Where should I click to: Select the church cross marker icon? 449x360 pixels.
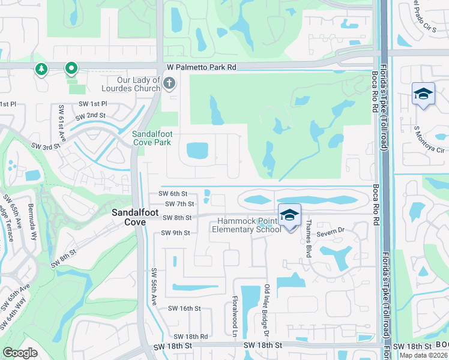click(x=169, y=83)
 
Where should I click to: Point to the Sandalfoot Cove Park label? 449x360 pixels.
click(x=151, y=138)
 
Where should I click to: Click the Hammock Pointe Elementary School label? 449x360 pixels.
click(x=246, y=225)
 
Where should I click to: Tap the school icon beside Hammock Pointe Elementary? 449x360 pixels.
click(x=289, y=215)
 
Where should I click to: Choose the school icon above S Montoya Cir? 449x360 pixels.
click(x=423, y=94)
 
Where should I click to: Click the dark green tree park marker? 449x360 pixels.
click(x=41, y=69)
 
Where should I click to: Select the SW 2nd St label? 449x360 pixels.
click(x=91, y=115)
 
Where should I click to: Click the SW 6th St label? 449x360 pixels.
click(x=173, y=194)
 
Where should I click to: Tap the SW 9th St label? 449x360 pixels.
click(x=175, y=233)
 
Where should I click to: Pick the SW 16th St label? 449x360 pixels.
click(x=184, y=308)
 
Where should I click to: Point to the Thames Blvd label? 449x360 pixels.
click(x=308, y=238)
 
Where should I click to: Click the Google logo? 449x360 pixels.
click(x=20, y=353)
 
